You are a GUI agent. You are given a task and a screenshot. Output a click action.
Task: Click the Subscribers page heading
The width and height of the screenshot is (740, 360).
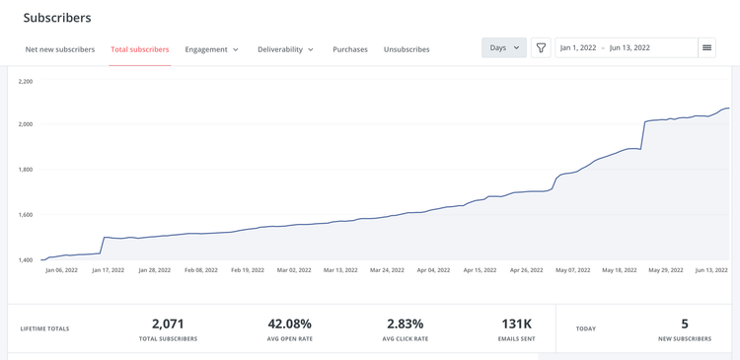coord(57,18)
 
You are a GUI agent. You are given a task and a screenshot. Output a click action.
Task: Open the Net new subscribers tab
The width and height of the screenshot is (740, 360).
coord(60,49)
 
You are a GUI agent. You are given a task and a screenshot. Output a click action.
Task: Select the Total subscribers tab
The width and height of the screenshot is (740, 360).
coord(139,49)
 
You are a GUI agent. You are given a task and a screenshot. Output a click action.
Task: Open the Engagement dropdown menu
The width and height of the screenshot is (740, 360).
coord(211,49)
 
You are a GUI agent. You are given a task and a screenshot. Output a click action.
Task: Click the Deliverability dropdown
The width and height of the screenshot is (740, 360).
coord(285,49)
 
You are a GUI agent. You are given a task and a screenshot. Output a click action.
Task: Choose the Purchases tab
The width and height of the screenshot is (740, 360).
coord(349,49)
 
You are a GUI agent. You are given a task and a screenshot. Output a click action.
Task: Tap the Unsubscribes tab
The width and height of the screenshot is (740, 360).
coord(407,49)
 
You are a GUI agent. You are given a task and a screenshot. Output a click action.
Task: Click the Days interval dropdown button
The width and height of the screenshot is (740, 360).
coord(503,47)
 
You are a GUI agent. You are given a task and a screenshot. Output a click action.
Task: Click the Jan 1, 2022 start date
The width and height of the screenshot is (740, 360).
coord(578,47)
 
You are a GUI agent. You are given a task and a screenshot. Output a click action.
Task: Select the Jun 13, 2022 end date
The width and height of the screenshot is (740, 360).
coord(629,47)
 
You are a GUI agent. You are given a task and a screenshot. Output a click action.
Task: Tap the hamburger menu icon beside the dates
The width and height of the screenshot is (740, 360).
coord(706,47)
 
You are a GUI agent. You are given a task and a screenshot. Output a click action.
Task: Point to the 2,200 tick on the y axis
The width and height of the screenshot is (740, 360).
coord(25,81)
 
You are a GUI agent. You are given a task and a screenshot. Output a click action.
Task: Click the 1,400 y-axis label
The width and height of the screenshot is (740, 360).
coord(25,260)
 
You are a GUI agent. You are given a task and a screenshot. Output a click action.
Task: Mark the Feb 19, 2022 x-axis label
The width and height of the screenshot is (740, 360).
coord(248,269)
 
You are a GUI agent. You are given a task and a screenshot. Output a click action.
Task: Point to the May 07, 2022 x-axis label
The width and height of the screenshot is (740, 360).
coord(572,269)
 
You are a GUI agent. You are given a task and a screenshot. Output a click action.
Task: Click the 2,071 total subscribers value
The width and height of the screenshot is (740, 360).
coord(168,324)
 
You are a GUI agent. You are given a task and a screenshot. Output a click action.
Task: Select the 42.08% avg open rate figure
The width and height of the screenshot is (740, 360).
coord(289,324)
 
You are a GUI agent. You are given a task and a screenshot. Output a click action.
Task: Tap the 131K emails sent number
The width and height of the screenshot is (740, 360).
coord(516,324)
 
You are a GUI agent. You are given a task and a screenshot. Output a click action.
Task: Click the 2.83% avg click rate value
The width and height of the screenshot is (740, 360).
coord(405,324)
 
